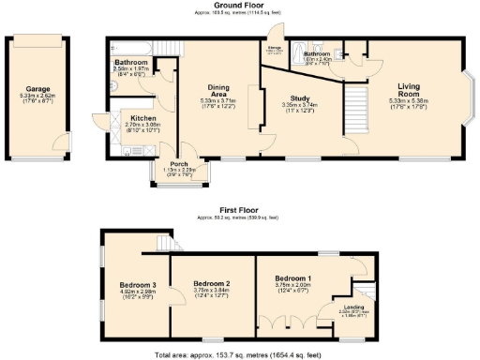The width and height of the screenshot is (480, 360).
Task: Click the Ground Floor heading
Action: pyautogui.click(x=240, y=5)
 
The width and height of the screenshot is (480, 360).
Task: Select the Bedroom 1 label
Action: pyautogui.click(x=293, y=279)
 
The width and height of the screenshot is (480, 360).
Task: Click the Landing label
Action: pyautogui.click(x=354, y=307)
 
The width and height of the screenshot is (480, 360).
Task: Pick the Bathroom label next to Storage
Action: pyautogui.click(x=315, y=54)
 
